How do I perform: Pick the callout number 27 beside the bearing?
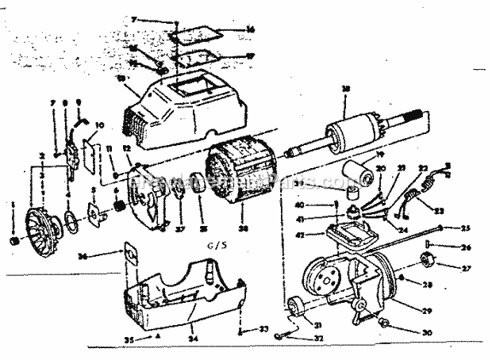[x=466, y=268]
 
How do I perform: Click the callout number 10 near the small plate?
[x=99, y=125]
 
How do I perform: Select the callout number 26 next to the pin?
[x=466, y=247]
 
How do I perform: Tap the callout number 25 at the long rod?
[x=466, y=228]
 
